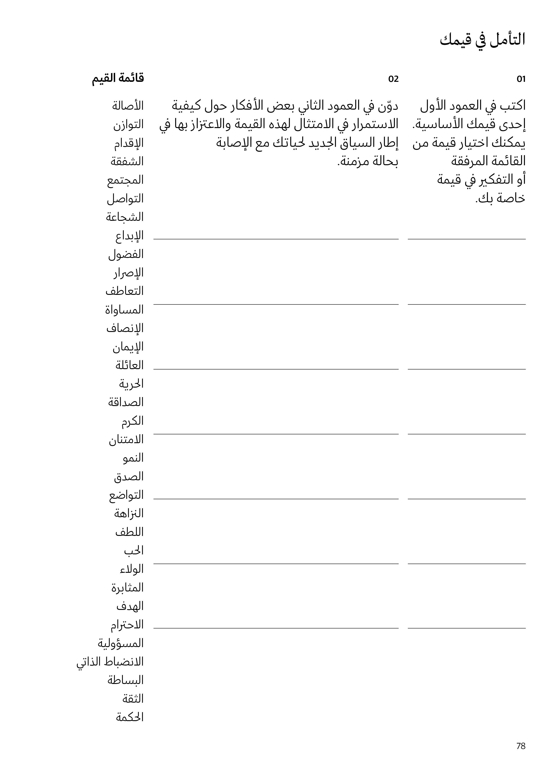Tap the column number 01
point(521,79)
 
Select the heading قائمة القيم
point(118,78)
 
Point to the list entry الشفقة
point(127,161)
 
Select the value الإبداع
point(129,236)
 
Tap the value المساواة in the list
point(124,310)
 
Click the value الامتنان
point(126,440)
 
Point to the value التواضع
point(126,495)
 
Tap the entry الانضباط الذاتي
point(110,662)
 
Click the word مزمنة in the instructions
point(354,161)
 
